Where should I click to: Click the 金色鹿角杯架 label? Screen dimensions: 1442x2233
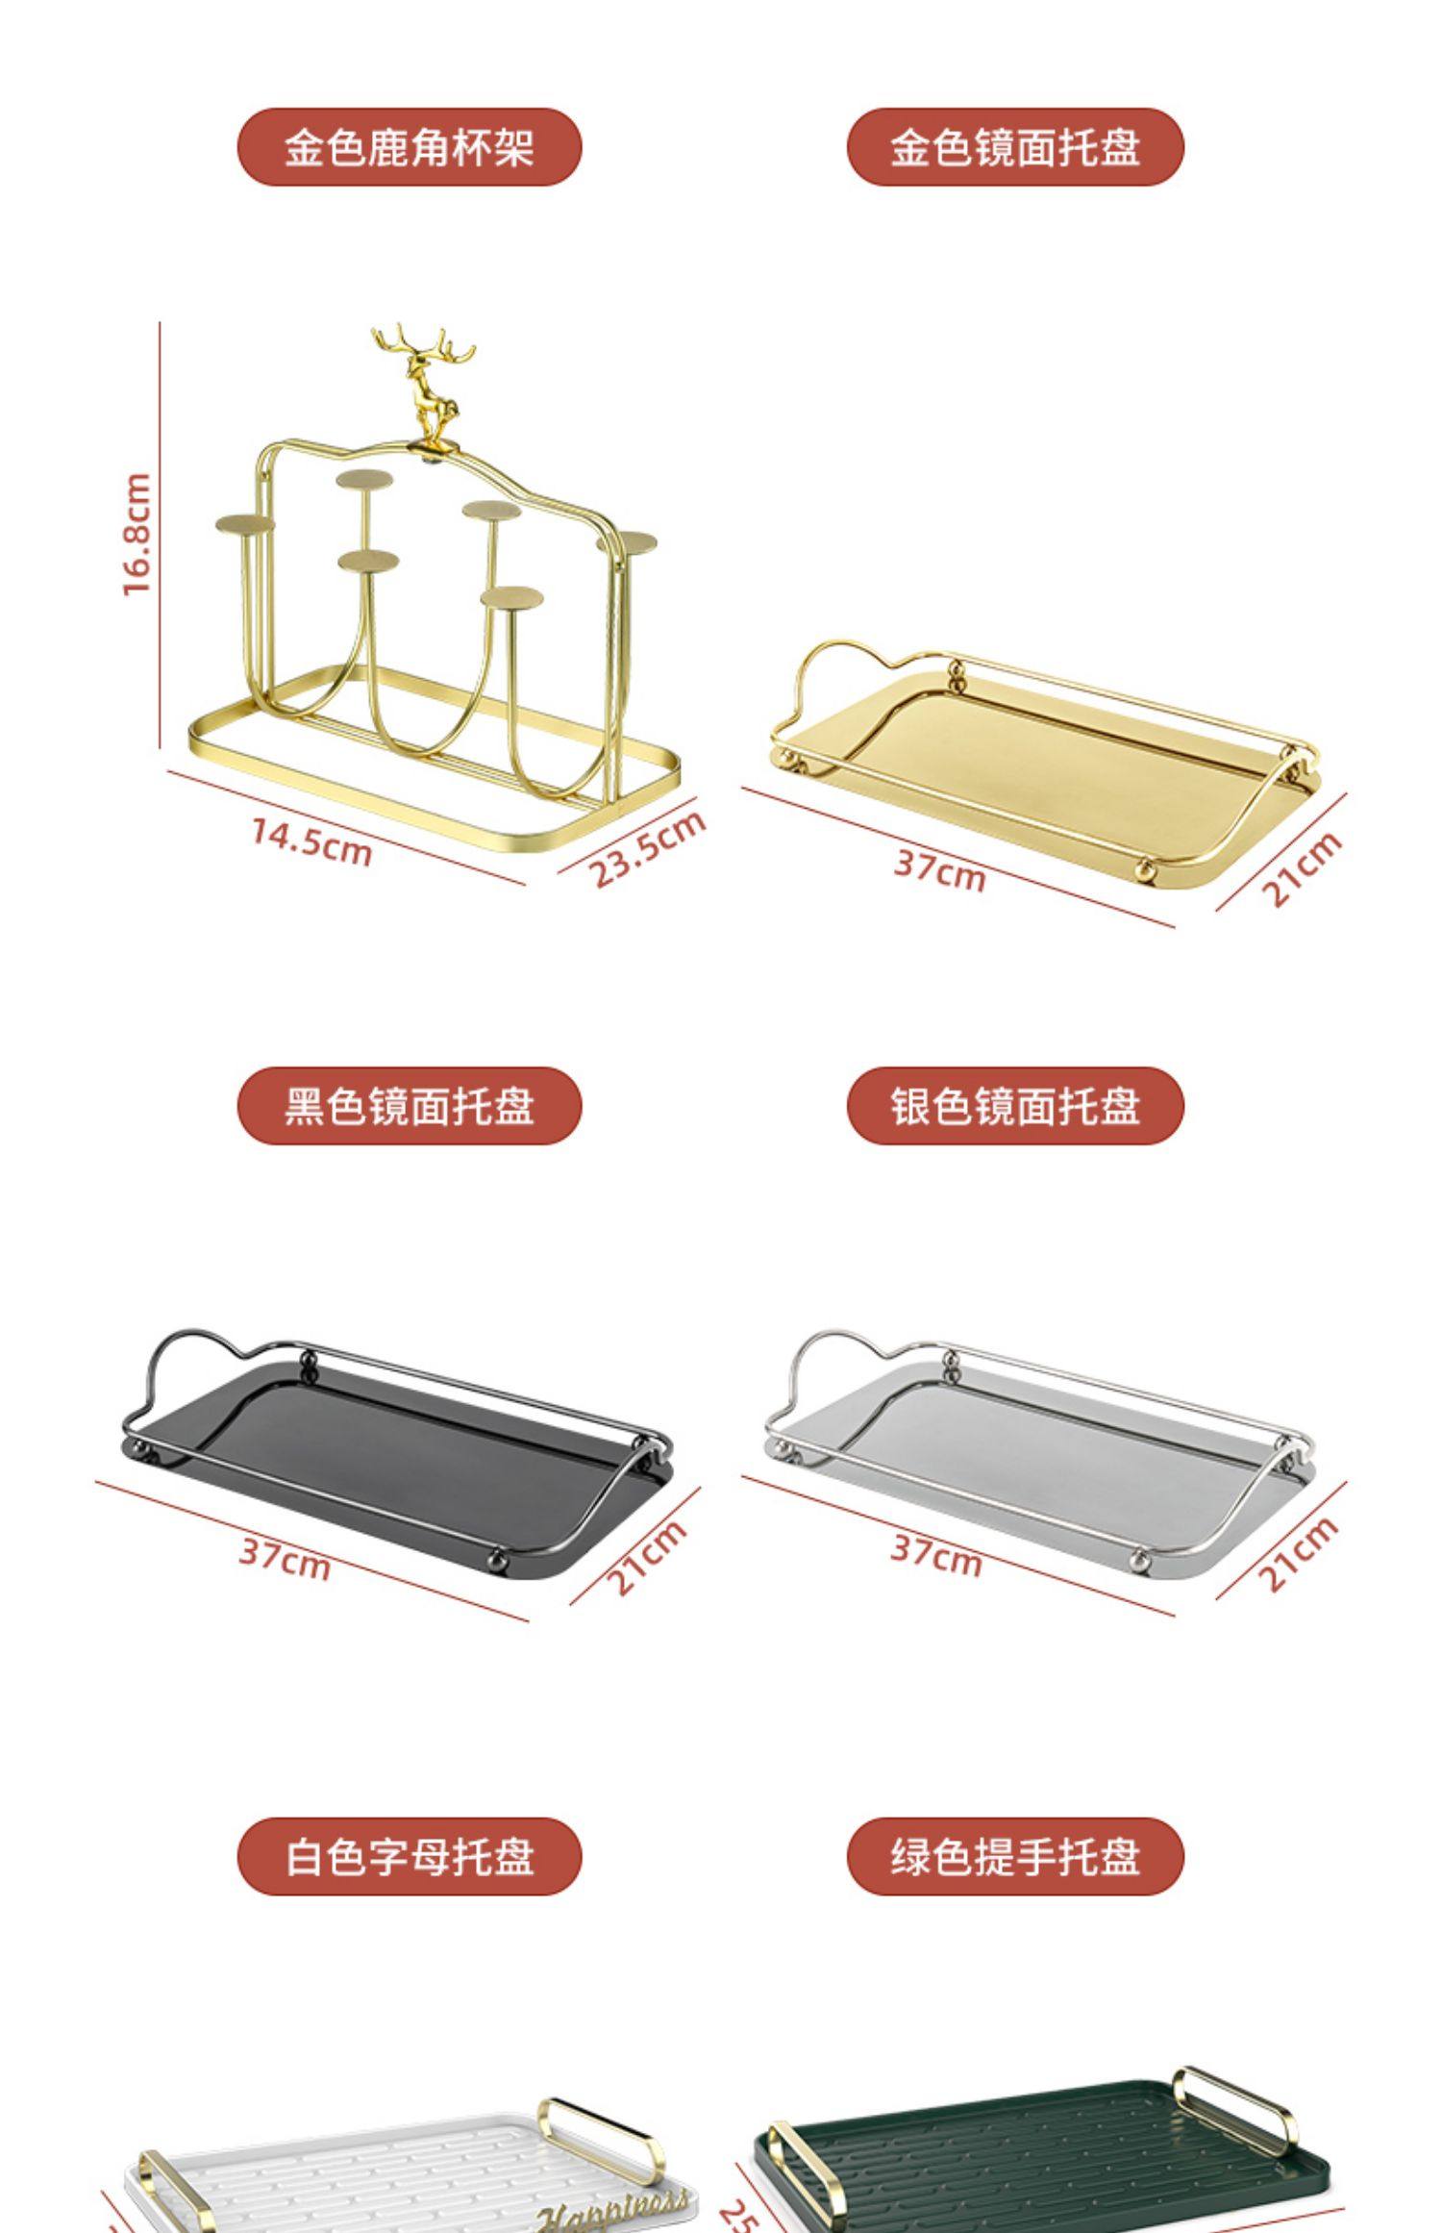[x=409, y=147]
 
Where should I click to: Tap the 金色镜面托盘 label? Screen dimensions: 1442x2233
[x=1014, y=147]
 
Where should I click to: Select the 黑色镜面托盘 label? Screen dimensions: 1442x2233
[x=409, y=1106]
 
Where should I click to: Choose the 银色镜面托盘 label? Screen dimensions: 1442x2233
[x=1014, y=1106]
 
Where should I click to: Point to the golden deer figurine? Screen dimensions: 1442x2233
[x=424, y=385]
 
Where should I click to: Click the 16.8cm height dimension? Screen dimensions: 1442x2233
[x=137, y=534]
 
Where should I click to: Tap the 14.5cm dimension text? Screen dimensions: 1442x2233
[x=311, y=841]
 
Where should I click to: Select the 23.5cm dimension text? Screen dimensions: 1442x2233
[x=646, y=848]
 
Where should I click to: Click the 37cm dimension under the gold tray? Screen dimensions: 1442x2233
[x=939, y=871]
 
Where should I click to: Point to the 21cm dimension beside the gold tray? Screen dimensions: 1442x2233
[x=1300, y=868]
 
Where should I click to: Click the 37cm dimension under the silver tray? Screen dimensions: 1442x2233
[x=936, y=1555]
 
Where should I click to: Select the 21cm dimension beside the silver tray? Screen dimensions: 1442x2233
[x=1298, y=1553]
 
